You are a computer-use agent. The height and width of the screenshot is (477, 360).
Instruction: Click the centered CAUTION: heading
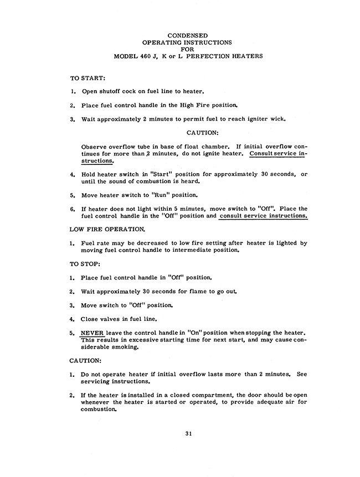[x=202, y=132]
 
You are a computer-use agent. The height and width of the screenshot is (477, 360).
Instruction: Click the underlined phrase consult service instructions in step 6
[x=263, y=216]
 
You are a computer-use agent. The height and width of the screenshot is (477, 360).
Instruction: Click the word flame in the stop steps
[x=192, y=291]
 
